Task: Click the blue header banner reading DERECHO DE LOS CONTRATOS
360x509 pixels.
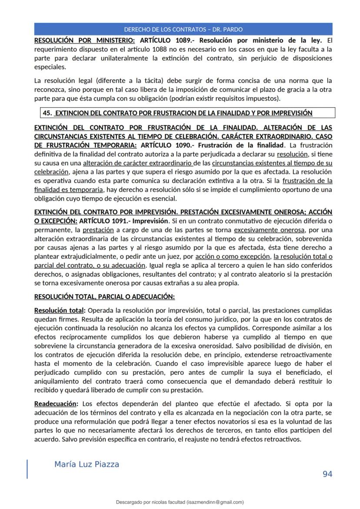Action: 183,30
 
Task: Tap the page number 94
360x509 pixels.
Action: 327,474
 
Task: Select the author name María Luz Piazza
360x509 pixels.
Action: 87,464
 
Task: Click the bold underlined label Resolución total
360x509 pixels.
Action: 59,310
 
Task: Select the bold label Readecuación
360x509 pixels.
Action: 55,403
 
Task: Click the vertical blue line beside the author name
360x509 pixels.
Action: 27,469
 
